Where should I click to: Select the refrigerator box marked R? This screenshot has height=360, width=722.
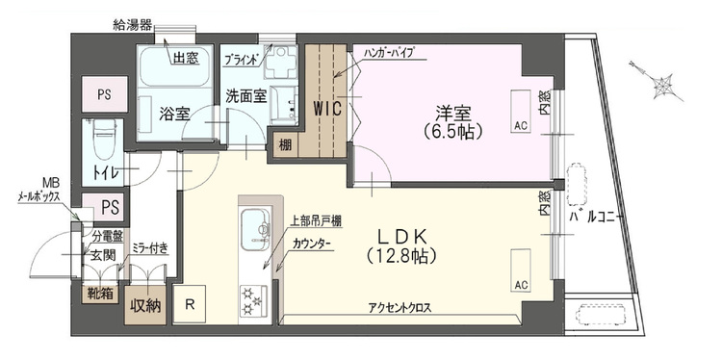pyautogui.click(x=191, y=305)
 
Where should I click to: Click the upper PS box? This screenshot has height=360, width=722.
pyautogui.click(x=103, y=94)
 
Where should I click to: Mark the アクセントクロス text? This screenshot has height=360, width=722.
pyautogui.click(x=399, y=307)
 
